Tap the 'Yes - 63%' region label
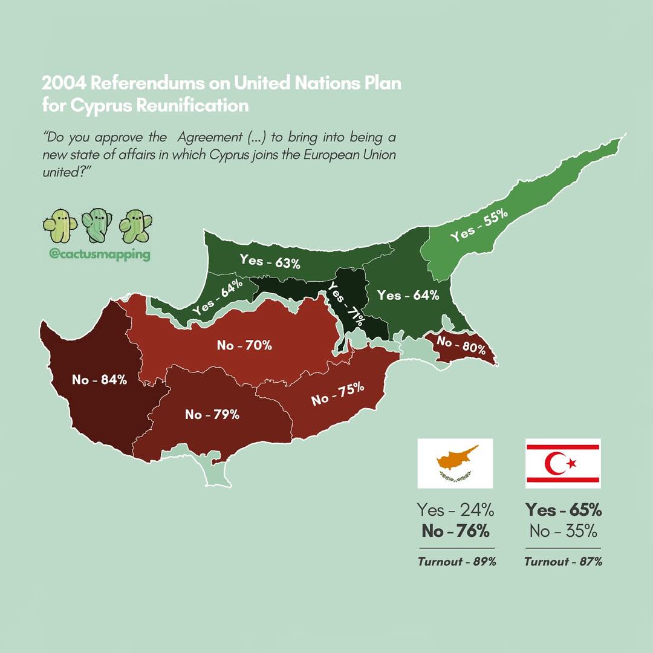click(270, 262)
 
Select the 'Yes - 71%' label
click(346, 304)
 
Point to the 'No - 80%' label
click(461, 345)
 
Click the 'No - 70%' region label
click(244, 346)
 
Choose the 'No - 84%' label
click(99, 380)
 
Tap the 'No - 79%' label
click(212, 415)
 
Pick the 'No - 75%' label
click(337, 394)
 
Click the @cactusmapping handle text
click(99, 255)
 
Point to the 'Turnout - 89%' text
click(456, 562)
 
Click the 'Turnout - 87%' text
click(563, 562)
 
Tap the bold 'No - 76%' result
click(456, 531)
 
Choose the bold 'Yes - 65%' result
click(563, 510)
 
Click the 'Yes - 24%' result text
click(456, 510)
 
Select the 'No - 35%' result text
click(563, 531)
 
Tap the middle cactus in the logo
click(97, 225)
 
